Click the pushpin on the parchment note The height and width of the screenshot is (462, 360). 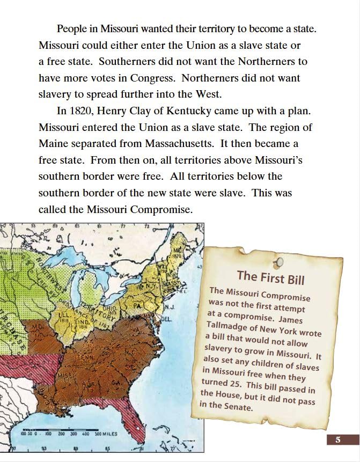[x=279, y=262]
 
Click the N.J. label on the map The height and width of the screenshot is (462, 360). [x=168, y=308]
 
